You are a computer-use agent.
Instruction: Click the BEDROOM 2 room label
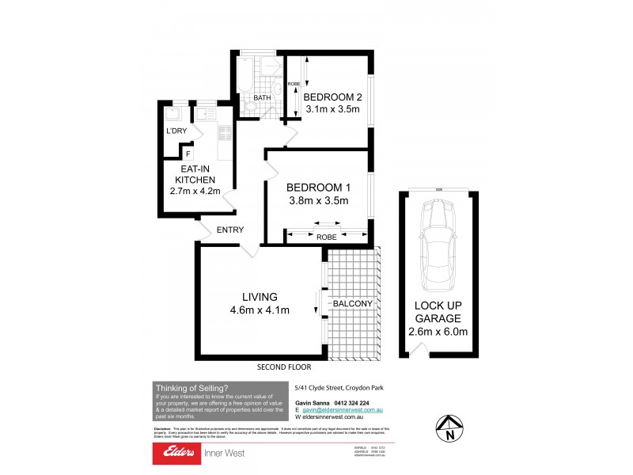coord(332,97)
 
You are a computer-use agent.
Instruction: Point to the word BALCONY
coord(352,304)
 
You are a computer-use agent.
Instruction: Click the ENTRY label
coord(228,230)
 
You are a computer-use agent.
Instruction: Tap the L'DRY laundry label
coord(175,131)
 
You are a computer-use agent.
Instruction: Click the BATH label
coord(263,98)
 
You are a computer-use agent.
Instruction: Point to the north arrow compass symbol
coord(449,427)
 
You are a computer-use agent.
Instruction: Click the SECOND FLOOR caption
coord(284,367)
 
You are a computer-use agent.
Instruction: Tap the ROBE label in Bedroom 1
coord(326,236)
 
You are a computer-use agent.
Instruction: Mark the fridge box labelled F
coord(188,153)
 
